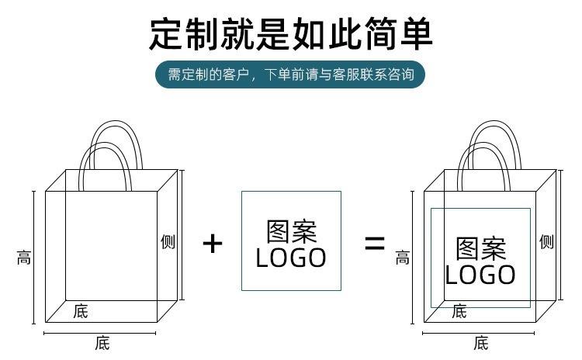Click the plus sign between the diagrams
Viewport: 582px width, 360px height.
(x=212, y=244)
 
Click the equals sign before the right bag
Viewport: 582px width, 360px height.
(x=375, y=244)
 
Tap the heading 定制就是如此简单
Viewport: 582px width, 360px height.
(x=290, y=33)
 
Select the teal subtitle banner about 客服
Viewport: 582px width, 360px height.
(x=290, y=75)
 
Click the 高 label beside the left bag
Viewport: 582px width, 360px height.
(x=24, y=257)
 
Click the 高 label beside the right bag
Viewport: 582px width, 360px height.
(x=402, y=257)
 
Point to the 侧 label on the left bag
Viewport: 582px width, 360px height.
(x=168, y=242)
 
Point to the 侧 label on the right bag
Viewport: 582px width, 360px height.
(x=546, y=242)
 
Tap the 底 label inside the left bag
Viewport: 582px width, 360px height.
(x=81, y=312)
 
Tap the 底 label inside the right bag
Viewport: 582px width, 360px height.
(x=459, y=312)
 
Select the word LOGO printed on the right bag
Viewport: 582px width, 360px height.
(x=480, y=275)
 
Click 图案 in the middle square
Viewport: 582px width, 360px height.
(x=291, y=231)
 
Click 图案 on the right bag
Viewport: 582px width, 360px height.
(x=480, y=248)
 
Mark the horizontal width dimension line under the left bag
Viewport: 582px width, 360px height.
(x=100, y=334)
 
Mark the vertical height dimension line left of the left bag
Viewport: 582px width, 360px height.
(x=34, y=257)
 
